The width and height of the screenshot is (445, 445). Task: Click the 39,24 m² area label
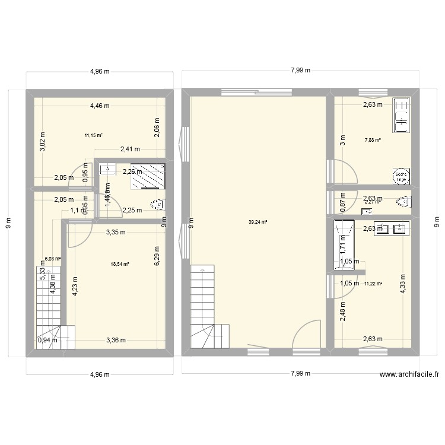point(258,222)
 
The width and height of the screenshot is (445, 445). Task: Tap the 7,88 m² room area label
point(372,141)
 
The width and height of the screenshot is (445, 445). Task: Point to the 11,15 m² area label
point(94,135)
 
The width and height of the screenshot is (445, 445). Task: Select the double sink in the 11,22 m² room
point(391,228)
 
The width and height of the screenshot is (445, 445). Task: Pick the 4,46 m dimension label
point(100,106)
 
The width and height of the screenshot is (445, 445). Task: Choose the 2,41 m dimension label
point(129,150)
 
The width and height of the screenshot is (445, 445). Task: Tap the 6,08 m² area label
point(53,259)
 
